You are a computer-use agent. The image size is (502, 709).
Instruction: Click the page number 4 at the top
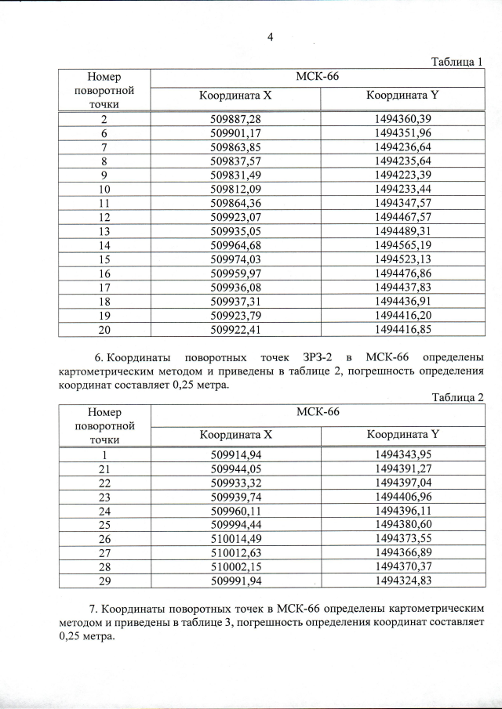click(x=269, y=35)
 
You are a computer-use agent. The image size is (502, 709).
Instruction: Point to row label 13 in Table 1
click(x=104, y=231)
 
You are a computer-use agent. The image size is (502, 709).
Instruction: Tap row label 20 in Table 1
click(x=104, y=329)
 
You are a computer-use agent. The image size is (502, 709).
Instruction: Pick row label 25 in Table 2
click(x=104, y=525)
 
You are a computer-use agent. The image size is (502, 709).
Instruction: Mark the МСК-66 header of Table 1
click(x=317, y=76)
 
